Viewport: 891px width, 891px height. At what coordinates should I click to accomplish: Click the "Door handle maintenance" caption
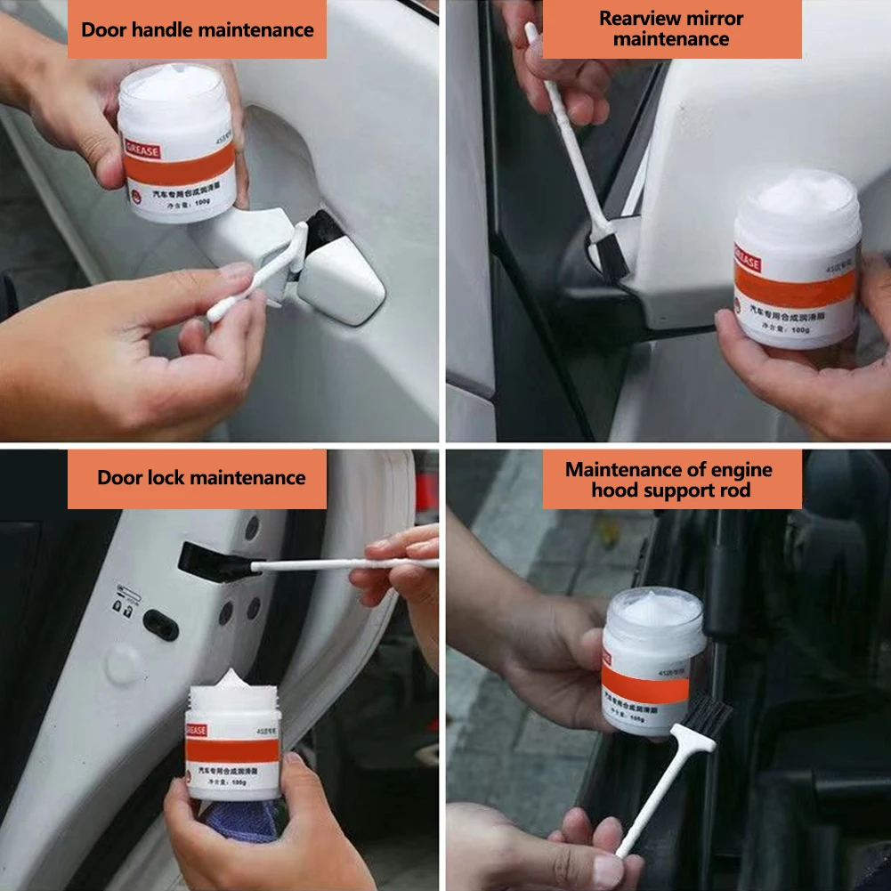point(197,30)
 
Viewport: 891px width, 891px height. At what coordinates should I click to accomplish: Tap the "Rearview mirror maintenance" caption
point(671,28)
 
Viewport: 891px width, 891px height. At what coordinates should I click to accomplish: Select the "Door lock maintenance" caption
point(201,478)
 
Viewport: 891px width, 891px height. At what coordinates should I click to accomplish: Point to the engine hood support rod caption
point(669,480)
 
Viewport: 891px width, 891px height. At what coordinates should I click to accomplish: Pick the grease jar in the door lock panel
point(232,740)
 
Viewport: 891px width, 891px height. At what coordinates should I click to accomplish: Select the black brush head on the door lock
point(208,561)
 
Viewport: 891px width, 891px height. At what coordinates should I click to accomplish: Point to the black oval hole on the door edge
point(161,625)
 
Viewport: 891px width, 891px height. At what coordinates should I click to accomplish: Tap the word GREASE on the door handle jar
point(142,151)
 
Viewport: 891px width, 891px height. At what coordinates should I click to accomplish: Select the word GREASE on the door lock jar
point(196,731)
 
